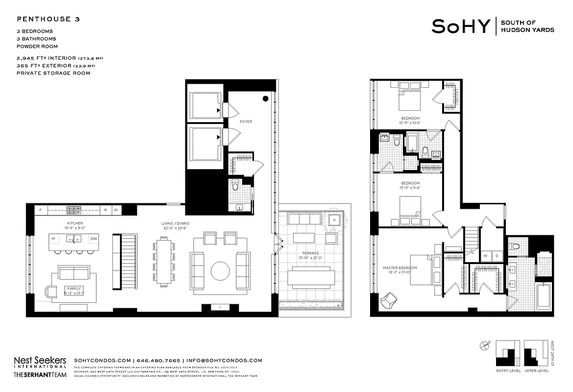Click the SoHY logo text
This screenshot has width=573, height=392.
click(x=460, y=26)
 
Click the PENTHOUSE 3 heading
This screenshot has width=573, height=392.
click(x=49, y=20)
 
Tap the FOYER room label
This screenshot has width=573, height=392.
click(x=246, y=122)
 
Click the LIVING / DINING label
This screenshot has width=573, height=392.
click(x=175, y=223)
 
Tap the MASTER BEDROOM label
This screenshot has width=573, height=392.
click(x=399, y=268)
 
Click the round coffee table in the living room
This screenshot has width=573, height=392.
click(x=220, y=271)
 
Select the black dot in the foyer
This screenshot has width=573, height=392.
click(x=265, y=98)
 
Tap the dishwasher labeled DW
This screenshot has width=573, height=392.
click(x=94, y=239)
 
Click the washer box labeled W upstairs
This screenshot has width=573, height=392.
click(x=485, y=255)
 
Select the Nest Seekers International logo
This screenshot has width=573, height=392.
click(x=40, y=362)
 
